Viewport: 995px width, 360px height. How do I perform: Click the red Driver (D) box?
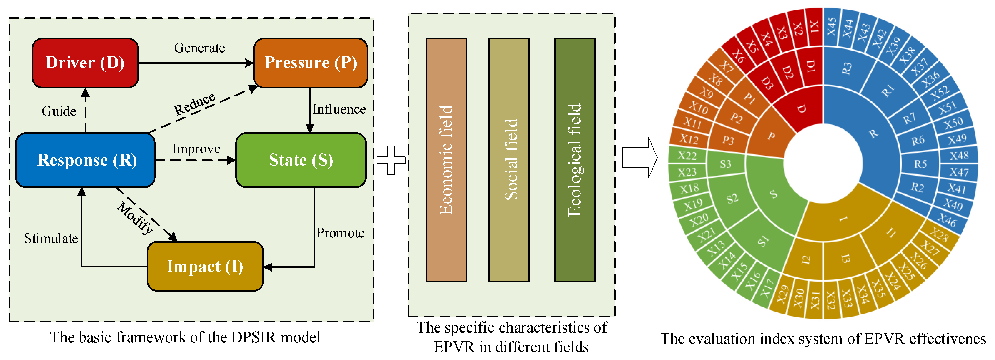(x=85, y=63)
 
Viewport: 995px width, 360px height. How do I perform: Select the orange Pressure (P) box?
(x=310, y=63)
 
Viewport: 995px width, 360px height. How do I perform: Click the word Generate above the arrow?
(x=199, y=48)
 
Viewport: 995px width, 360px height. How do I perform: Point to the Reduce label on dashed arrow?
(x=194, y=103)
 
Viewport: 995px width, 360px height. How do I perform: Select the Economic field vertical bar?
(x=446, y=160)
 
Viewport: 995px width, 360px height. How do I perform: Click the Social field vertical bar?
(x=509, y=160)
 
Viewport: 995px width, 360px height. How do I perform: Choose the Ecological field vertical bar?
(x=574, y=160)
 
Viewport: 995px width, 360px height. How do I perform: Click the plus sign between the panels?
(x=391, y=160)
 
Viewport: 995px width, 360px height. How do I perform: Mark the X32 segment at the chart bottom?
(x=830, y=300)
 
